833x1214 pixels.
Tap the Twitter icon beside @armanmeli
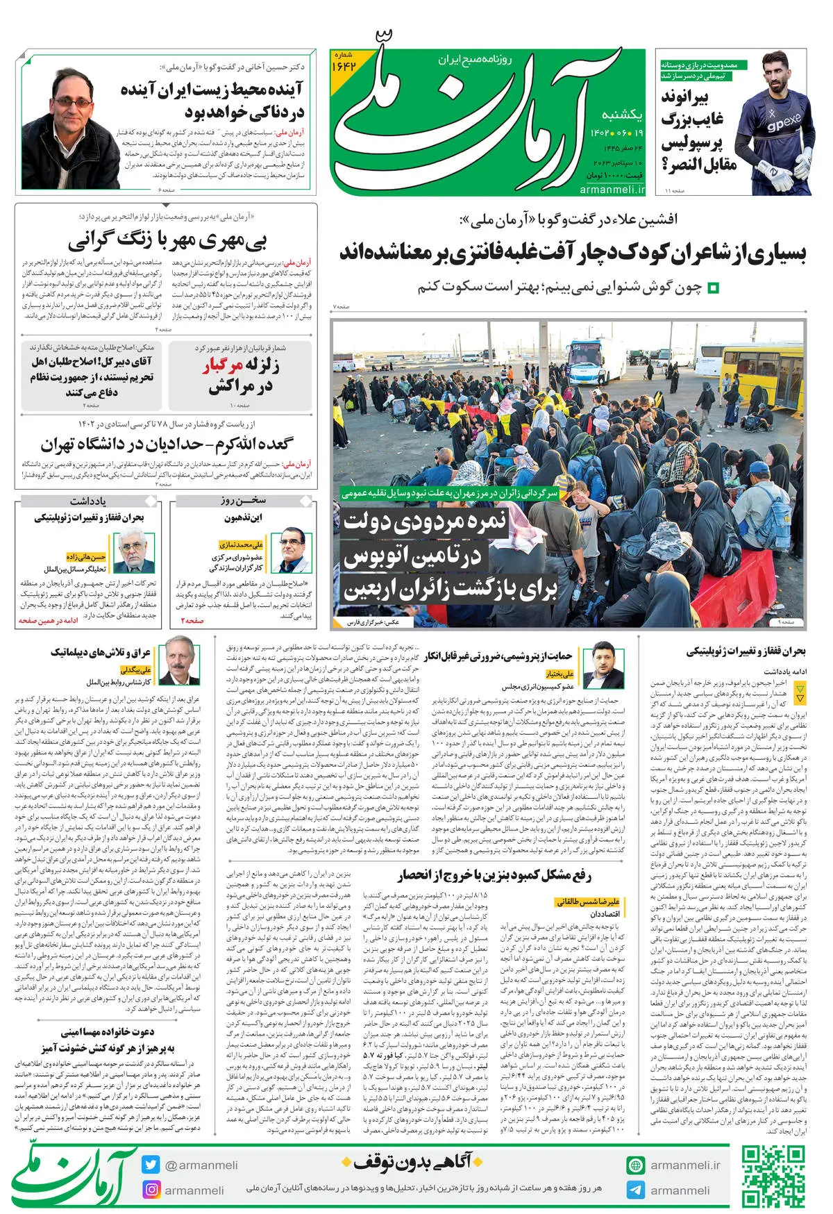tap(151, 1165)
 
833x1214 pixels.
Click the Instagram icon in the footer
tap(151, 1190)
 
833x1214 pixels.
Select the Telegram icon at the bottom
tap(635, 1190)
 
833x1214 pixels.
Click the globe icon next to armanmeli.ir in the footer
tap(635, 1165)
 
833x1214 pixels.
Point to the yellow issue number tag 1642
tap(344, 63)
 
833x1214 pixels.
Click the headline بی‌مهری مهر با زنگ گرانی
tap(167, 240)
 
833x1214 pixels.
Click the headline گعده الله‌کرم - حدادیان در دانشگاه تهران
tap(167, 444)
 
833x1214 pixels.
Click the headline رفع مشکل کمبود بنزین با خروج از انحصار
tap(495, 875)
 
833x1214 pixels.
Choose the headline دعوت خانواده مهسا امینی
tap(108, 1032)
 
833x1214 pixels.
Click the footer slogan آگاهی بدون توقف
tap(412, 1161)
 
